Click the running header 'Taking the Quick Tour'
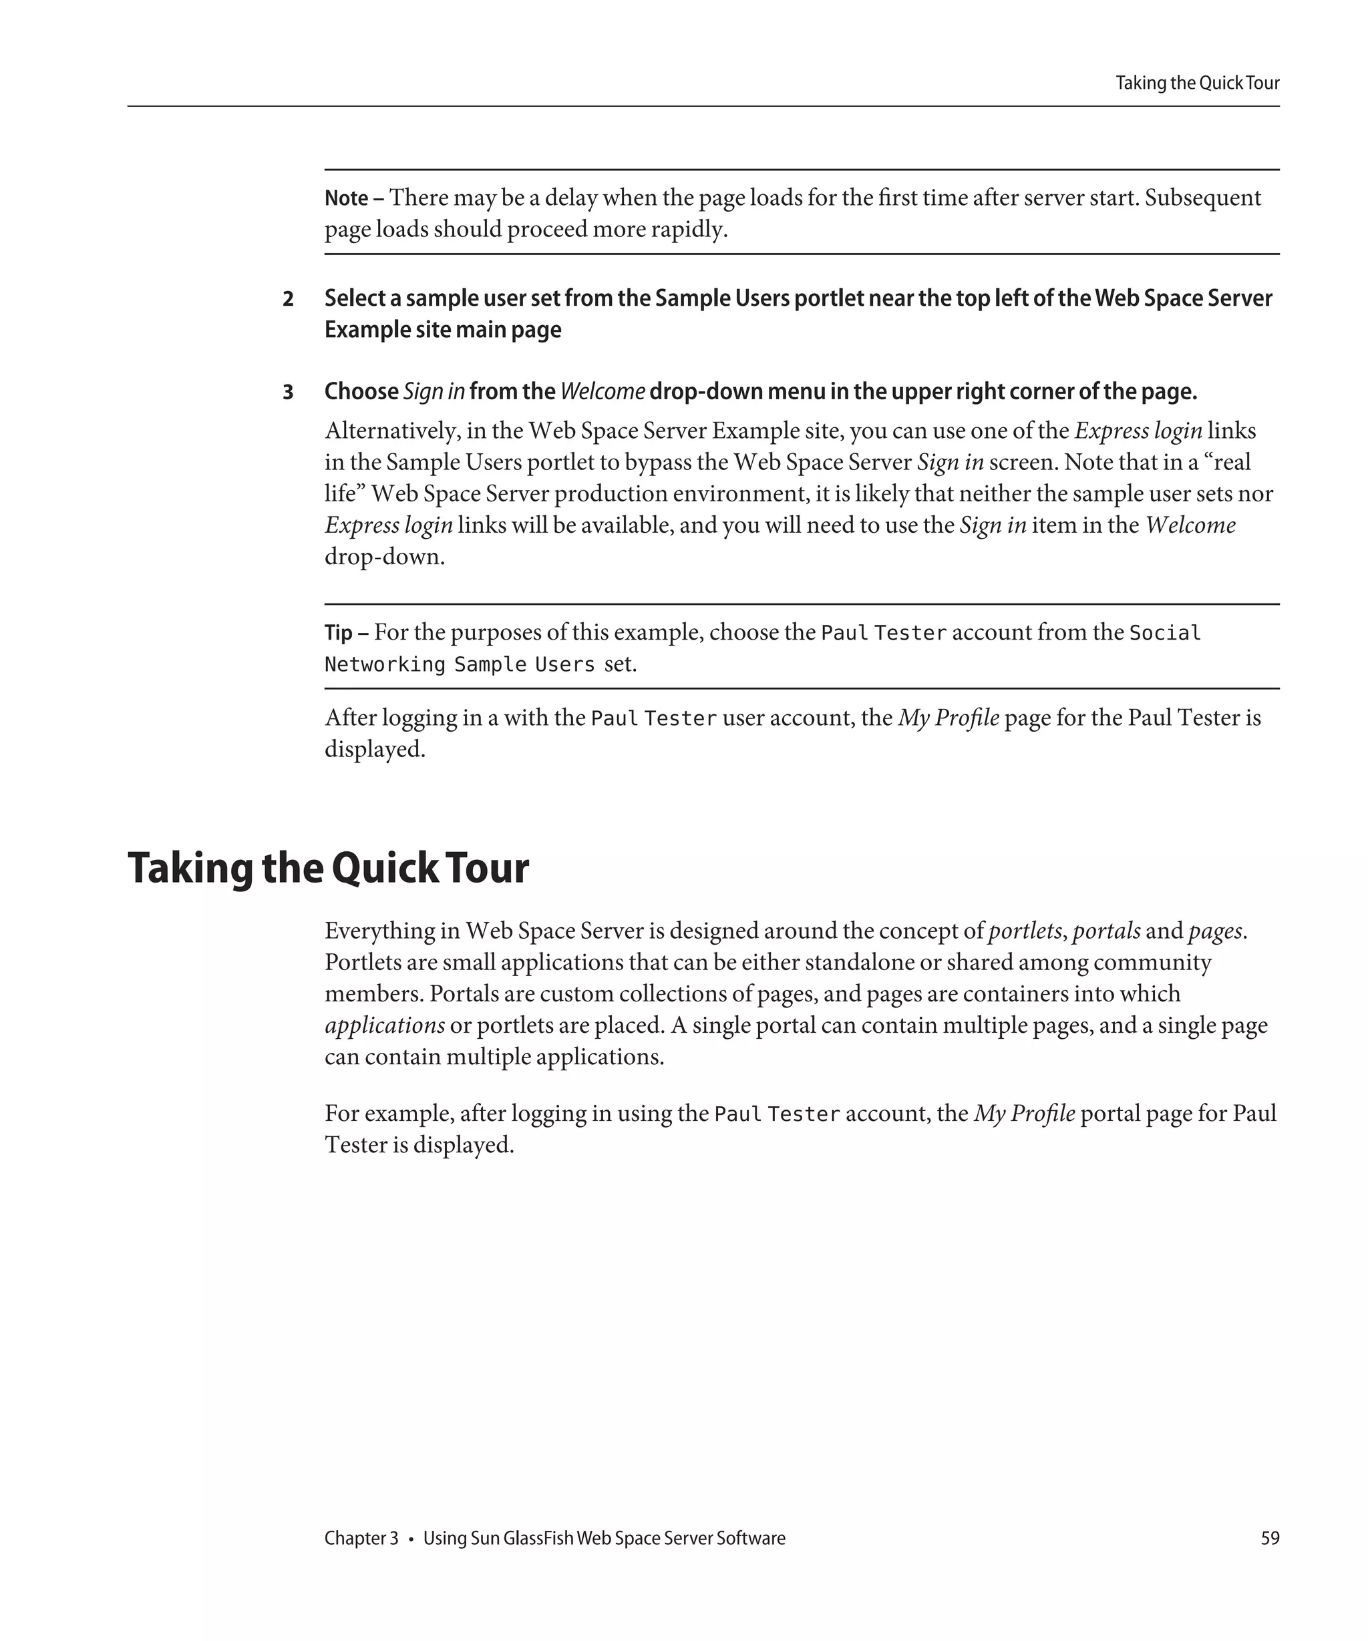point(1196,83)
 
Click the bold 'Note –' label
point(353,198)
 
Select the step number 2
point(288,299)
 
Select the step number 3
point(288,393)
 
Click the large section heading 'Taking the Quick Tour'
point(329,867)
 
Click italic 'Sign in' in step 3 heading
point(434,391)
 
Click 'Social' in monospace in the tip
point(1165,632)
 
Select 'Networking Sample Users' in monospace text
point(460,665)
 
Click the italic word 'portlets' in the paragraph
point(1024,931)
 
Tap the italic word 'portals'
point(1106,931)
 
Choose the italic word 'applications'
point(385,1025)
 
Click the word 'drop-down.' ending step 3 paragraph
point(385,557)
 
